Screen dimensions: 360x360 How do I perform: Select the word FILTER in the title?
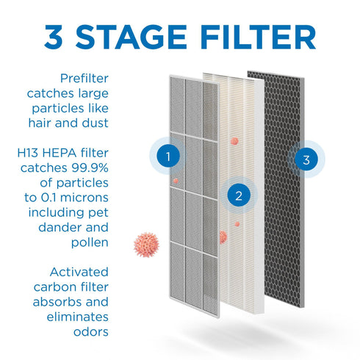point(261,37)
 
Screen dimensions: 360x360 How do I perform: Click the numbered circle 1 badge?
point(170,156)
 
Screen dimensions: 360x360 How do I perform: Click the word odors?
point(89,332)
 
